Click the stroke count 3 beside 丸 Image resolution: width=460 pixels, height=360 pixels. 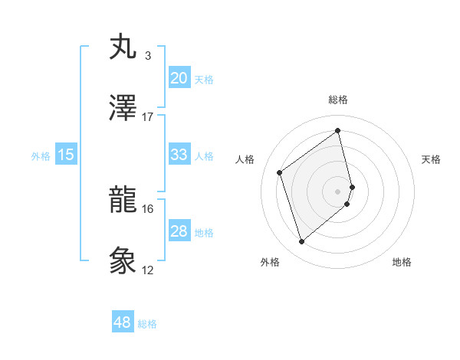pyautogui.click(x=147, y=56)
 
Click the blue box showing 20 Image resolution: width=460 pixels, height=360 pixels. pyautogui.click(x=179, y=78)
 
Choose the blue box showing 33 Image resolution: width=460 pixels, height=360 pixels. pyautogui.click(x=179, y=155)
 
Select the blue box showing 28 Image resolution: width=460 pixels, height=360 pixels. pyautogui.click(x=179, y=231)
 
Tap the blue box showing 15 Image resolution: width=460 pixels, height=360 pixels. pyautogui.click(x=66, y=155)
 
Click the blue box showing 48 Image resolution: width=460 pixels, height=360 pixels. pyautogui.click(x=122, y=322)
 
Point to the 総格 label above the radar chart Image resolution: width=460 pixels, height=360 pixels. pyautogui.click(x=338, y=100)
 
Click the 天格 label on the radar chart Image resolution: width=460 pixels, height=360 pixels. pyautogui.click(x=431, y=159)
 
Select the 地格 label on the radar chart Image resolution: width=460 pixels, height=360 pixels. pyautogui.click(x=402, y=262)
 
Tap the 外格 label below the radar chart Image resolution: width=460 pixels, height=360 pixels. pyautogui.click(x=270, y=262)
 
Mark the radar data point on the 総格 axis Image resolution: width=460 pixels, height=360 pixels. pyautogui.click(x=338, y=131)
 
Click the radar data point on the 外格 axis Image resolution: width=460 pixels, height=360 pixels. pyautogui.click(x=301, y=242)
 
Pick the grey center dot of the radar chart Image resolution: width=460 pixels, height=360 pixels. pyautogui.click(x=338, y=191)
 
